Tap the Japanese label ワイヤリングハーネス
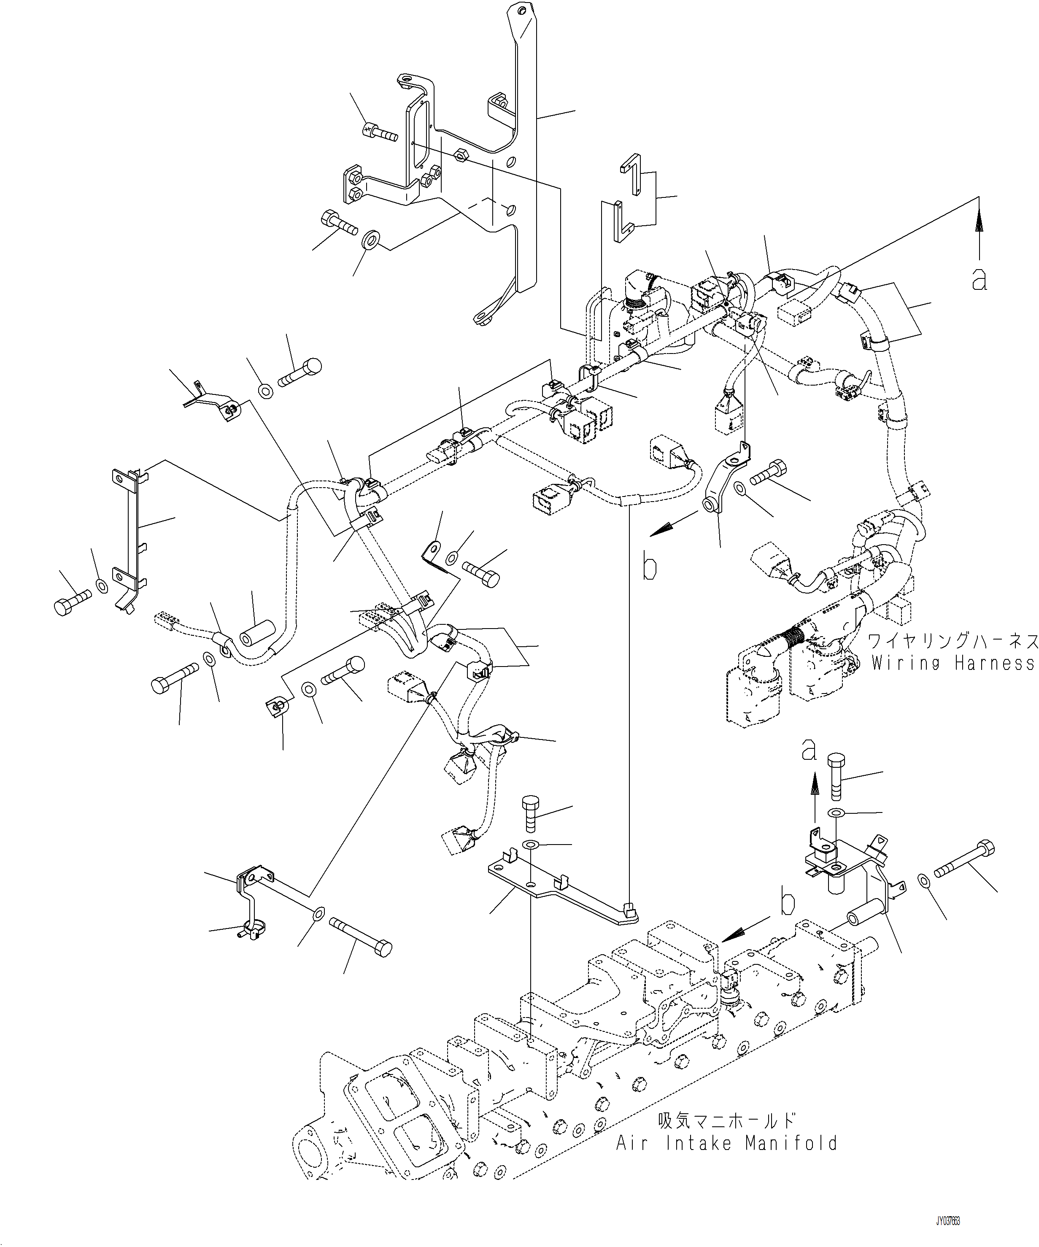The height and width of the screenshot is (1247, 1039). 953,641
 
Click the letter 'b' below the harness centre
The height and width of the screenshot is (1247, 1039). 650,567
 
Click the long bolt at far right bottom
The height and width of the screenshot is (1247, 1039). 965,869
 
